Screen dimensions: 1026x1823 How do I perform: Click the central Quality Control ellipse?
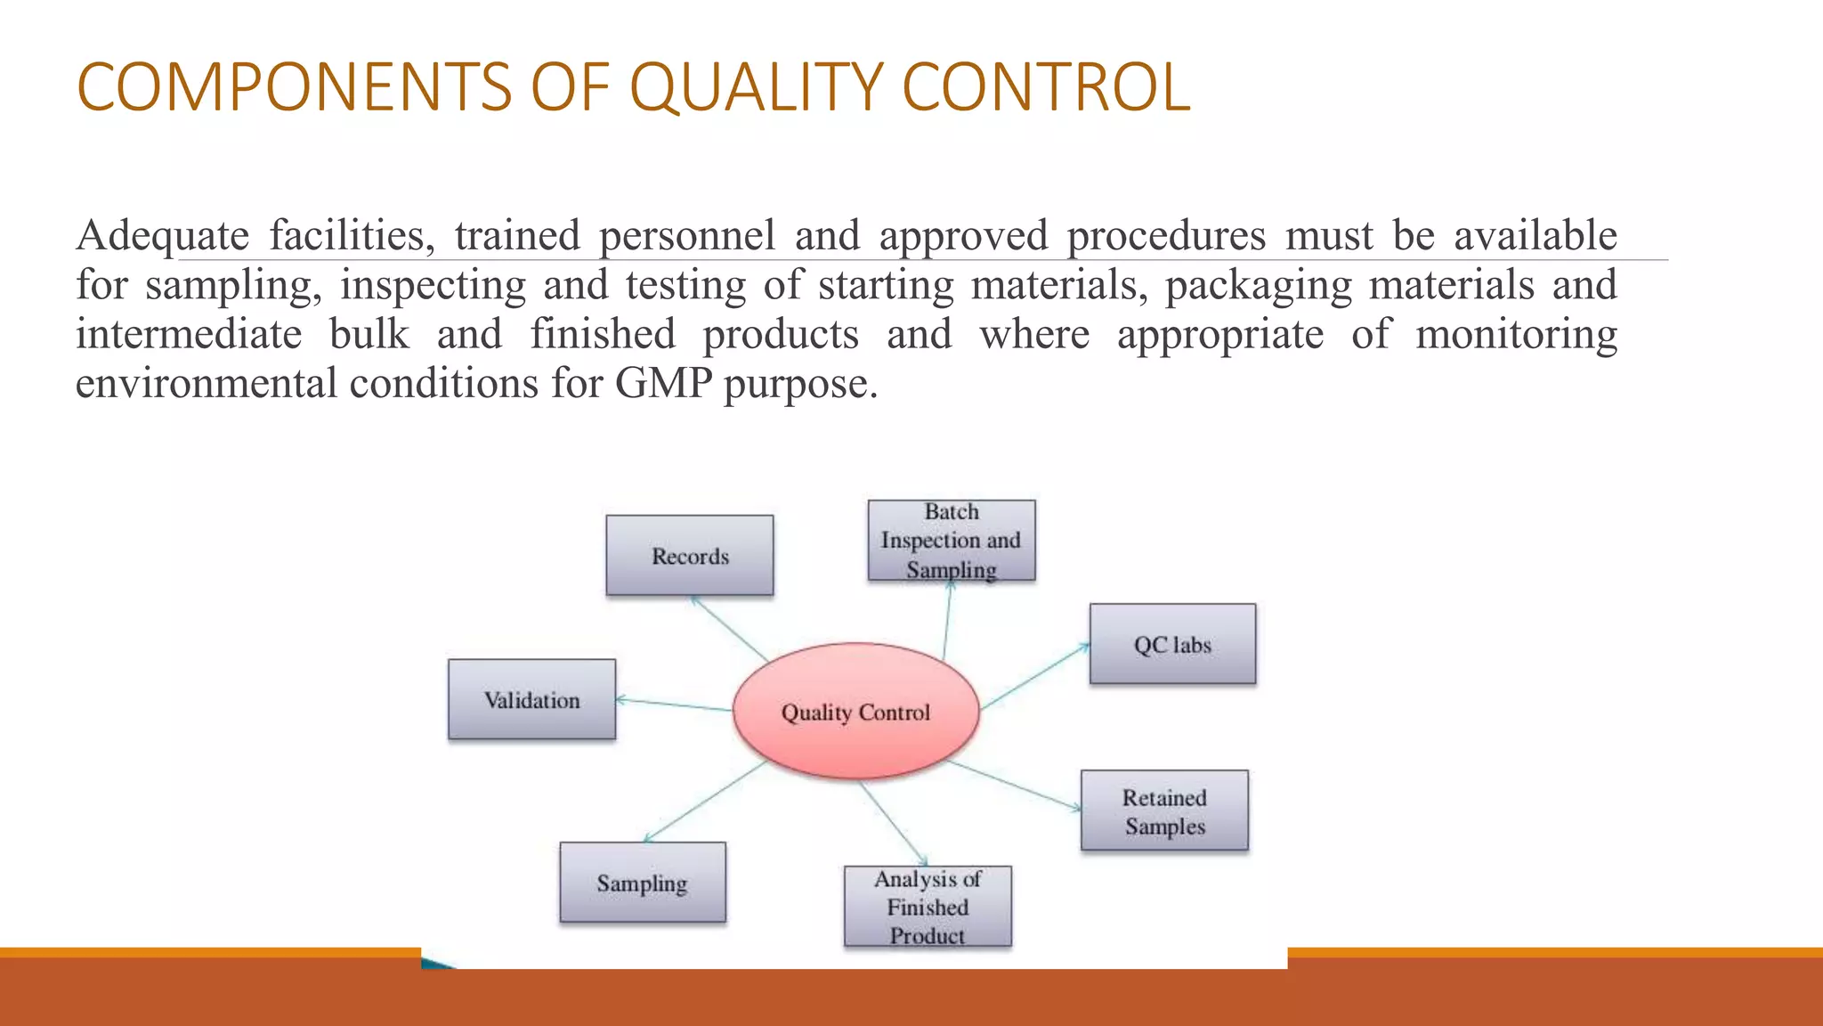(855, 712)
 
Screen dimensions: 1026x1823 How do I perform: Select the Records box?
(690, 556)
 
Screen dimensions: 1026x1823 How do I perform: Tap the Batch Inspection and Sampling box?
(952, 541)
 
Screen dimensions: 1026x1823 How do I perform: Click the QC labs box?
(1172, 644)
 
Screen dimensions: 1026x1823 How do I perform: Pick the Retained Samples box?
(1164, 810)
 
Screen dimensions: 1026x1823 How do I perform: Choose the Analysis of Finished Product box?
(928, 907)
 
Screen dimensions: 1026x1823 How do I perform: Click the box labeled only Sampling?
(642, 883)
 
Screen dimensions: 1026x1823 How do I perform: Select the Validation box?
(531, 700)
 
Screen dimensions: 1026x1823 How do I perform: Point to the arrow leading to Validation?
(674, 704)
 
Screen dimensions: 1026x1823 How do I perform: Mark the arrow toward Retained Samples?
(1015, 786)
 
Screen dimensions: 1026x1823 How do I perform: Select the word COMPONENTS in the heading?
(294, 87)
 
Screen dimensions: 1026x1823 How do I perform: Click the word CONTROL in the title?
(1046, 87)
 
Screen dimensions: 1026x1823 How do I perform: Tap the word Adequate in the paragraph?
(163, 237)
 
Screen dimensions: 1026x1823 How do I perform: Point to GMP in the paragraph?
(663, 384)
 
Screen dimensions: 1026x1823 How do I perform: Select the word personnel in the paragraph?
(686, 237)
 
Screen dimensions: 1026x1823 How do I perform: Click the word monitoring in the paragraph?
(1516, 335)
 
